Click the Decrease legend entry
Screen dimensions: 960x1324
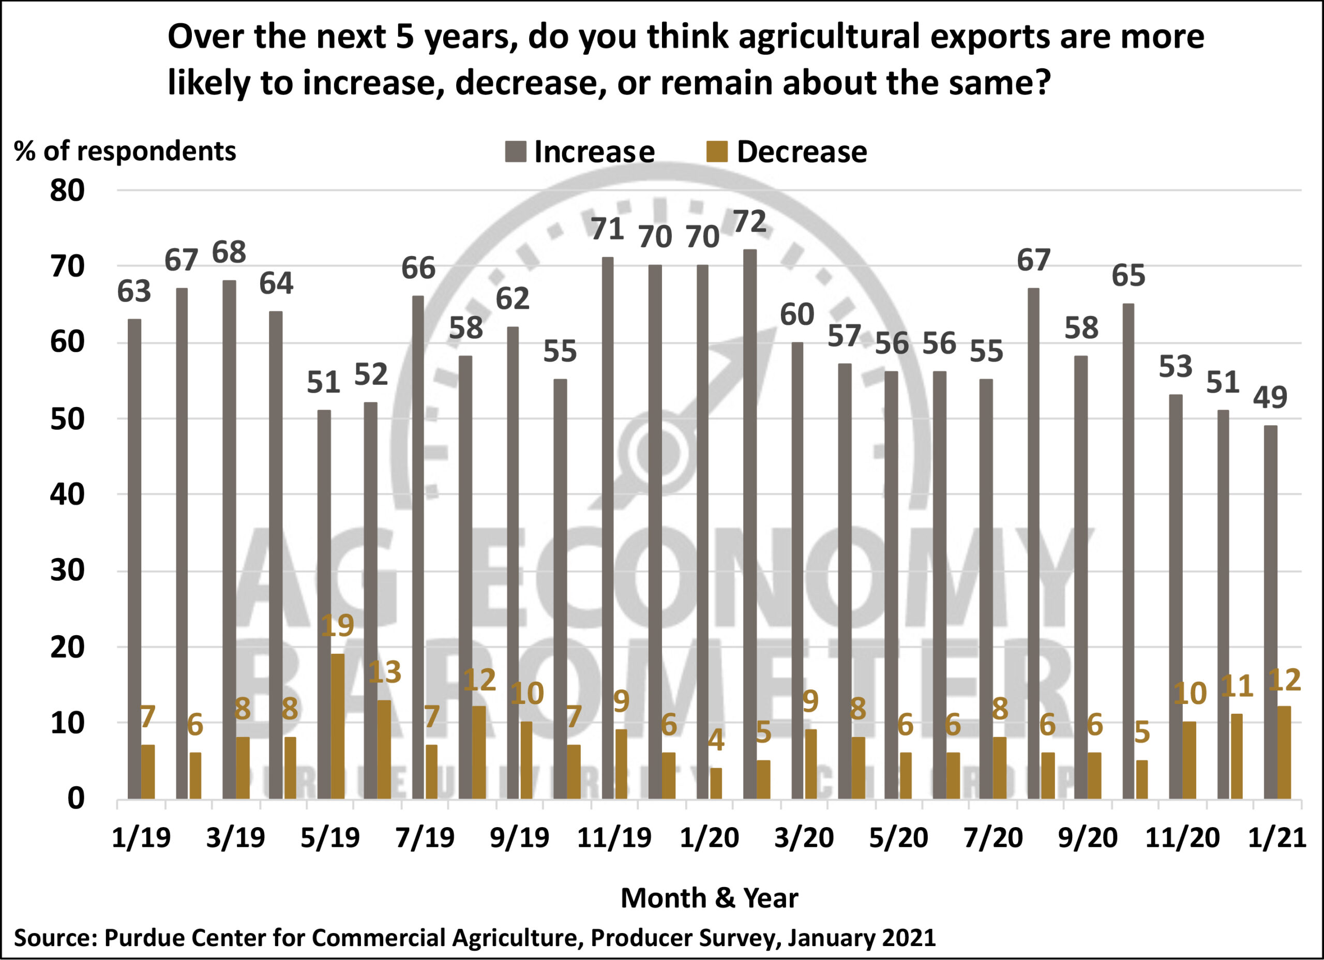788,152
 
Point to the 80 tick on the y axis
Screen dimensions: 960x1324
67,191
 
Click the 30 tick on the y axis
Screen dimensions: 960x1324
67,571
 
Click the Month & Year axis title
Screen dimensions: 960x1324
709,897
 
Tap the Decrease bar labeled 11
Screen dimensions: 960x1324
1237,756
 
